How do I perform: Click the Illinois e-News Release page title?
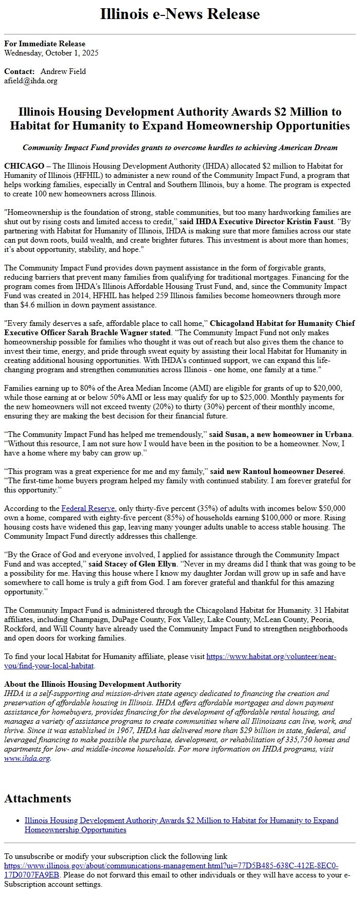point(180,14)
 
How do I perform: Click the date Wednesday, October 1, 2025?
point(51,53)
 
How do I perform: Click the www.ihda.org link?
point(27,758)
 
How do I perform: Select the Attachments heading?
point(38,798)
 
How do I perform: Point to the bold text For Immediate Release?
point(45,44)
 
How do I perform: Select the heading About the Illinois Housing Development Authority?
point(93,684)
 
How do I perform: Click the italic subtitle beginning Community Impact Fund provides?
point(180,148)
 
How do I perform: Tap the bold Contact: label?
point(20,71)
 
